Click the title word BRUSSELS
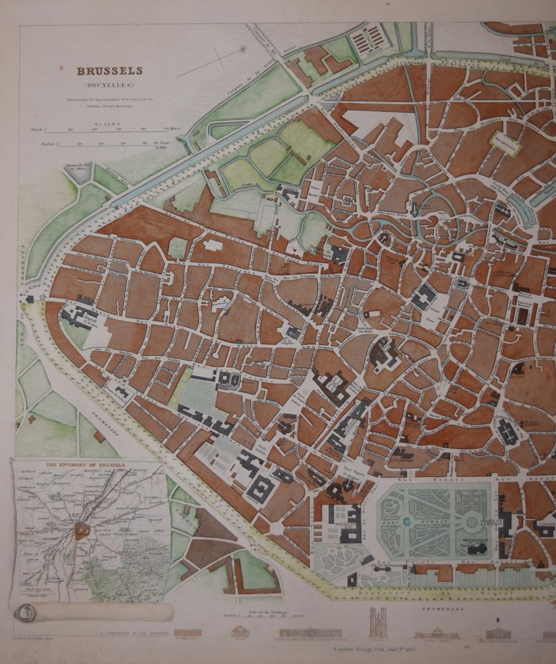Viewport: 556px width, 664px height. point(109,71)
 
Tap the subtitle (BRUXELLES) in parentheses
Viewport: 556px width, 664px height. point(109,85)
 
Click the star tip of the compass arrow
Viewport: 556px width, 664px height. point(243,49)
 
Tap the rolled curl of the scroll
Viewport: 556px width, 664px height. point(27,613)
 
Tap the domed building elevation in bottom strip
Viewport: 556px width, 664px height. point(240,631)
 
